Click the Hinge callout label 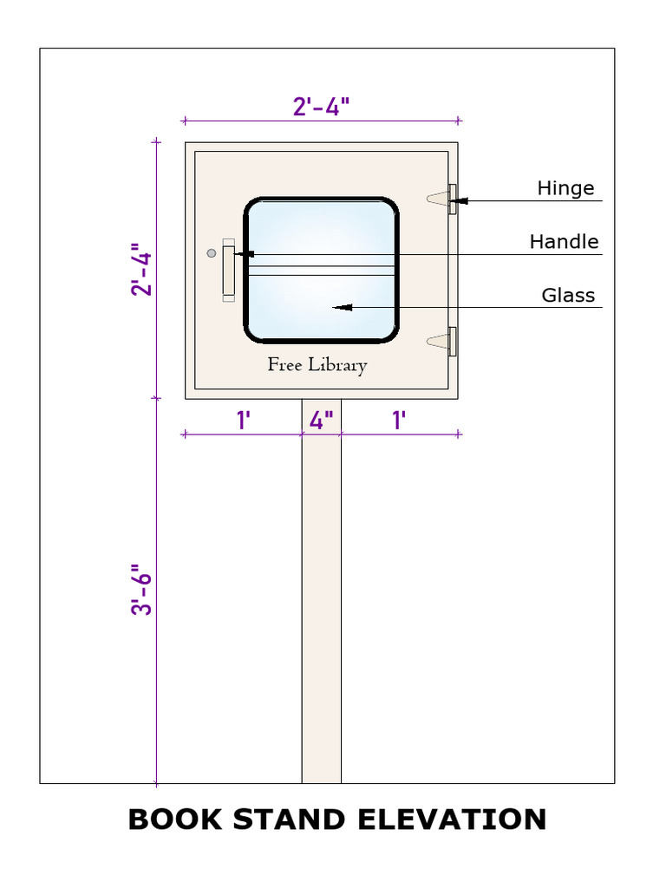pos(565,188)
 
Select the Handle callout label pos(564,242)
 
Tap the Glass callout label pos(568,296)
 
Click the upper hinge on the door pos(451,199)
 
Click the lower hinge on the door pos(451,342)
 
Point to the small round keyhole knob pos(211,253)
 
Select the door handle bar pos(229,270)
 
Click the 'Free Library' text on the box pos(317,365)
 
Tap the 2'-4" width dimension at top pos(321,107)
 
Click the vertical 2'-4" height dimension pos(142,272)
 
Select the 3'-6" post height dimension pos(142,593)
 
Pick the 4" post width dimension pos(322,421)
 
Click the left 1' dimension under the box pos(244,421)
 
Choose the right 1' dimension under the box pos(400,421)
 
